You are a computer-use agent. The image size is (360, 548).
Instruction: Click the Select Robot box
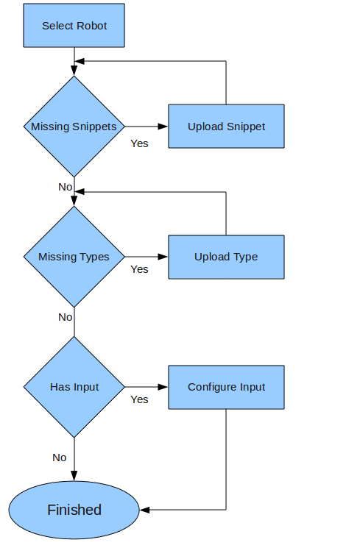[74, 26]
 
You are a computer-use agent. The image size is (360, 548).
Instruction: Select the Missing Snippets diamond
[74, 127]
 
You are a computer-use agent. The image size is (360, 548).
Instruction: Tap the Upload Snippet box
[226, 127]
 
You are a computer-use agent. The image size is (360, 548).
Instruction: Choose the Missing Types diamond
[74, 257]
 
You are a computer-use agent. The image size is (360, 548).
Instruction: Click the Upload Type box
[226, 257]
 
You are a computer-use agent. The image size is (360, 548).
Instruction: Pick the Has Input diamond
[74, 387]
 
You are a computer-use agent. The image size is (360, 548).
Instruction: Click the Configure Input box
[226, 387]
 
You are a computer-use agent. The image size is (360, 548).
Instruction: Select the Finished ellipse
[74, 510]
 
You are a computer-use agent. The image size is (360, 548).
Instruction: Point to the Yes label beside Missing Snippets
[139, 143]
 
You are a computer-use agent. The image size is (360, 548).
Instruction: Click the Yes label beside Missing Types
[139, 269]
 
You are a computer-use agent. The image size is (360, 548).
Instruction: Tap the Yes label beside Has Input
[139, 399]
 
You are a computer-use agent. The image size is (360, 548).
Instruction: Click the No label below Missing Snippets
[66, 187]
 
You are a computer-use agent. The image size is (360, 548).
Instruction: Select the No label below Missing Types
[66, 317]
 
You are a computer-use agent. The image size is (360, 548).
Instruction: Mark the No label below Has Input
[60, 458]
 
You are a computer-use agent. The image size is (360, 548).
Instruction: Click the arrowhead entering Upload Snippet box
[163, 127]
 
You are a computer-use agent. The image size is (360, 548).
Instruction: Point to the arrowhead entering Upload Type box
[163, 257]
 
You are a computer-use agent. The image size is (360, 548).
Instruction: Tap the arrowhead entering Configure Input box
[163, 387]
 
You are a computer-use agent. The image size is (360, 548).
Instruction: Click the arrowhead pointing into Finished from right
[145, 510]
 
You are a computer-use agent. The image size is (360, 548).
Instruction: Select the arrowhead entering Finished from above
[74, 477]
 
